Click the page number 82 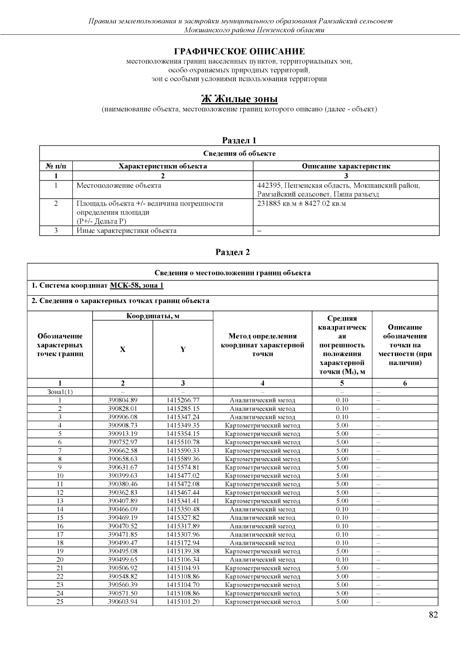[433, 615]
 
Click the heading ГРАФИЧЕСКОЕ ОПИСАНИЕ [240, 51]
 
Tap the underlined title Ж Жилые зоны [240, 99]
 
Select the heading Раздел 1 [240, 140]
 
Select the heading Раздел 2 [233, 252]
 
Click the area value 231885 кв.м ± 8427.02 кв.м [301, 203]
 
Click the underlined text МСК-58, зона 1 [137, 285]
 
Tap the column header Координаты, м [153, 316]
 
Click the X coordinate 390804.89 [123, 400]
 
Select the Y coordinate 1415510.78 [183, 442]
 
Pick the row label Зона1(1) [60, 392]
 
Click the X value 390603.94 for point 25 [123, 602]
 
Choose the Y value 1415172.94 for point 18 [183, 543]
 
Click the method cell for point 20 [263, 560]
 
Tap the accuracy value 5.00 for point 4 [342, 425]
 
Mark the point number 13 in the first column [60, 501]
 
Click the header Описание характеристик [346, 166]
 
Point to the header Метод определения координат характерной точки [263, 345]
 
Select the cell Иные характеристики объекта [127, 231]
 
